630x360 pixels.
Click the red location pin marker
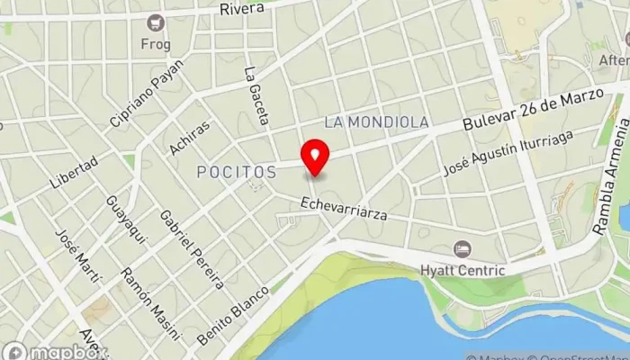(315, 157)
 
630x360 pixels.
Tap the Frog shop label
(155, 43)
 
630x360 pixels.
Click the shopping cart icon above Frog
(157, 22)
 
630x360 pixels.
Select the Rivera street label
(242, 9)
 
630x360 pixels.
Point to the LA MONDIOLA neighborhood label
(377, 121)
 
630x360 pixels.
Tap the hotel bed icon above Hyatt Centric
(462, 247)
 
